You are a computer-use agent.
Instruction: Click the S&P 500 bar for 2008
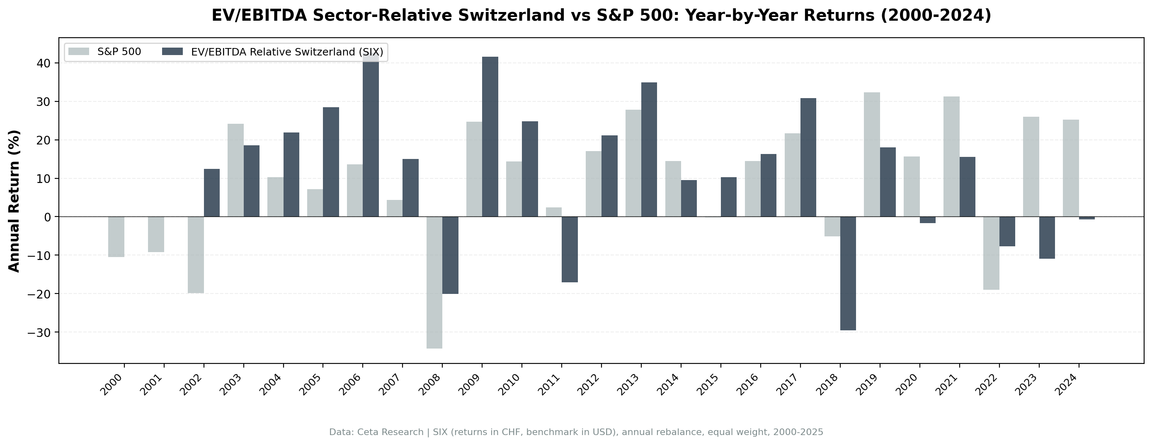tap(434, 282)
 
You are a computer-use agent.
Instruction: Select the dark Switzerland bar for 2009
tap(490, 137)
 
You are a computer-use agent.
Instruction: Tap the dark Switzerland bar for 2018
tap(848, 274)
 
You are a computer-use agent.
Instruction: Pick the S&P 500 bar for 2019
tap(872, 154)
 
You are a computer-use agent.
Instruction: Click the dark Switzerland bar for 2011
tap(570, 249)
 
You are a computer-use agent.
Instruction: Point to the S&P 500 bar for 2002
tap(196, 255)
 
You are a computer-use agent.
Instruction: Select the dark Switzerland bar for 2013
tap(649, 150)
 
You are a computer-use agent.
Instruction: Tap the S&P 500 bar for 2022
tap(991, 253)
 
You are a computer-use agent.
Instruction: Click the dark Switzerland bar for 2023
tap(1047, 238)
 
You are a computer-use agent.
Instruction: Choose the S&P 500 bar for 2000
tap(116, 237)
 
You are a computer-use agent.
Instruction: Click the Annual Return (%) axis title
tap(15, 201)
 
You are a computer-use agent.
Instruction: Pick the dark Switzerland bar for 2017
tap(808, 157)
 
